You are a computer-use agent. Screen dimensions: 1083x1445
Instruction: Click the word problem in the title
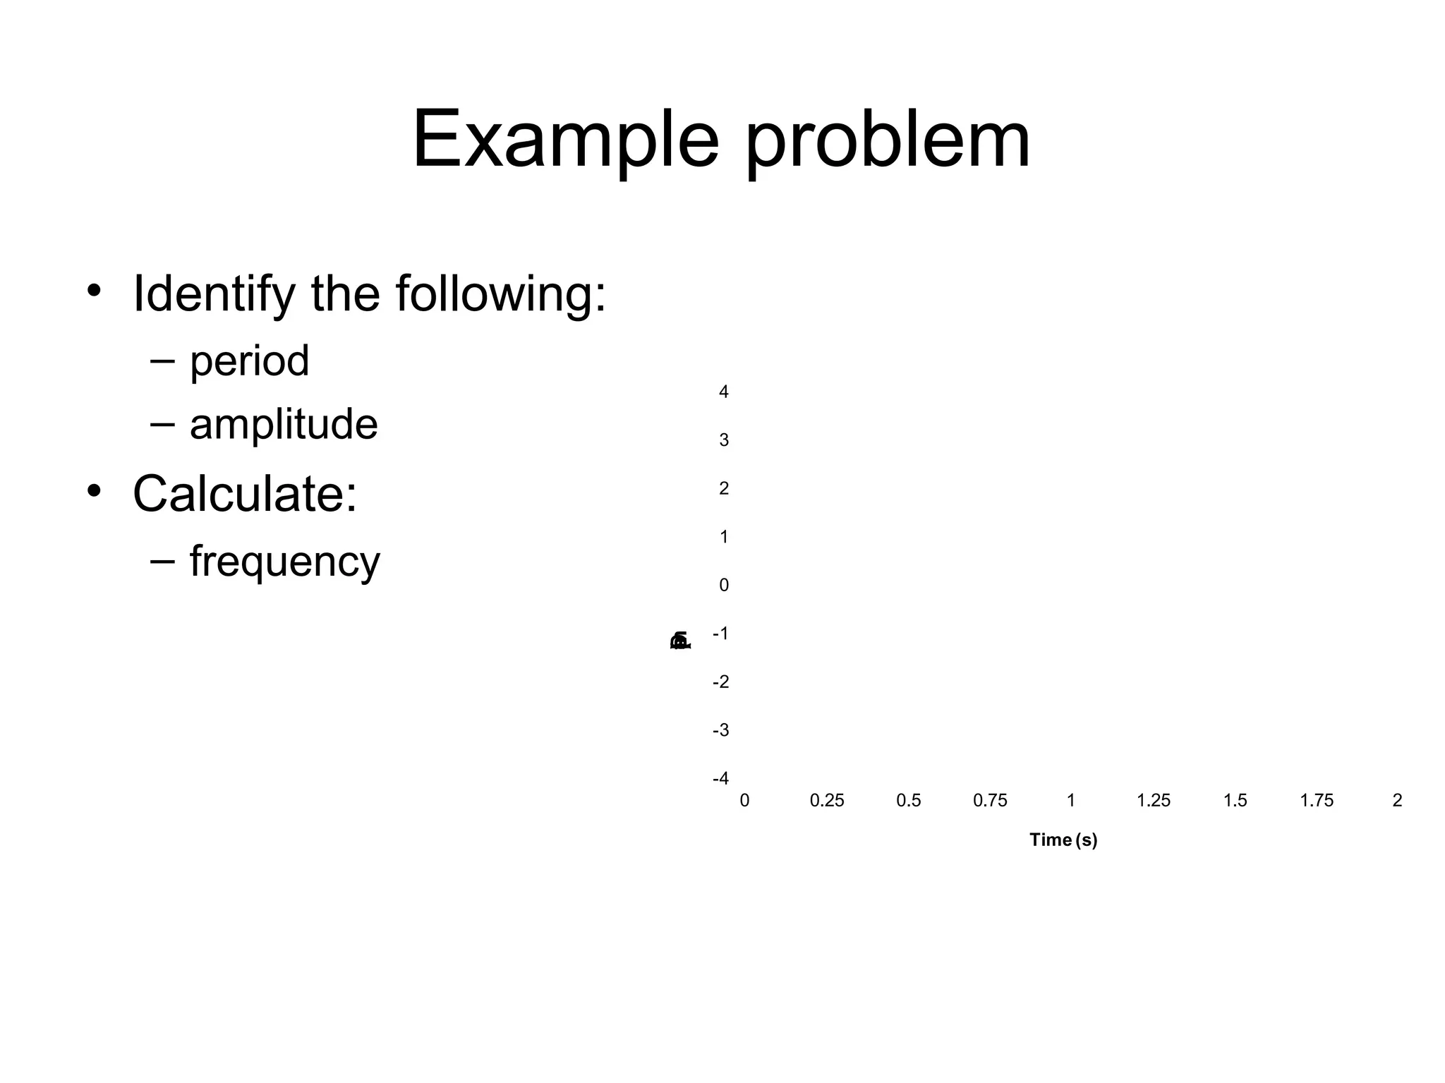tap(888, 140)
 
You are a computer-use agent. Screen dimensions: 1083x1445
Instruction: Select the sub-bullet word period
tap(249, 361)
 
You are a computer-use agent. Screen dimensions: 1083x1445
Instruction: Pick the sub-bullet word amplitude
tap(284, 424)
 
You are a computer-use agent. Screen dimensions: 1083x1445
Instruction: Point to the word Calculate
tap(244, 493)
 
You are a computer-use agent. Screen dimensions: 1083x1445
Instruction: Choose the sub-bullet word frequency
tap(284, 562)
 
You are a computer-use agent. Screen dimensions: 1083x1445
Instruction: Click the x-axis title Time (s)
tap(1063, 840)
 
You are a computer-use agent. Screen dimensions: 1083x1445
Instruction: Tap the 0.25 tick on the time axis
tap(826, 801)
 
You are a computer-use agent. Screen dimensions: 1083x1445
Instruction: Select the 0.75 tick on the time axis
tap(990, 801)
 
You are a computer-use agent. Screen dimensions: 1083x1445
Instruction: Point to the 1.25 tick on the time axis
tap(1153, 801)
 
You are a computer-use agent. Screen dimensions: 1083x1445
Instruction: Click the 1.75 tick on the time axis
tap(1317, 801)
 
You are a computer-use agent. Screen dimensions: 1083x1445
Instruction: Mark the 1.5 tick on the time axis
tap(1235, 801)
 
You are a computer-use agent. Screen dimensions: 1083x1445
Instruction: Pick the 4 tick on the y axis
tap(723, 392)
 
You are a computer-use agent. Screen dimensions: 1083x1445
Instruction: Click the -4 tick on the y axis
tap(720, 778)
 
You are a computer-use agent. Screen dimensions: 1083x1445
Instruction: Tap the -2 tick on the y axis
tap(720, 682)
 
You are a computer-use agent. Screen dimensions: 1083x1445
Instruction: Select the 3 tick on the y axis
tap(723, 440)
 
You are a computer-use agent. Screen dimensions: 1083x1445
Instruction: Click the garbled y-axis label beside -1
tap(680, 641)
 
